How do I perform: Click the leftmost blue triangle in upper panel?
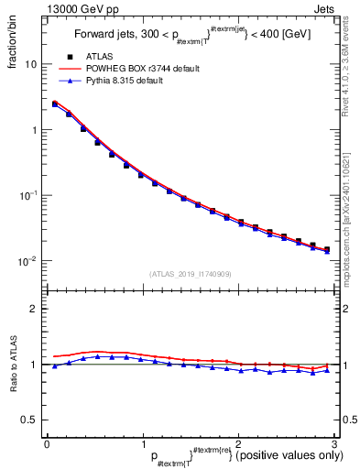click(55, 105)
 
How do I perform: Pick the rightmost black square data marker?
click(326, 249)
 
